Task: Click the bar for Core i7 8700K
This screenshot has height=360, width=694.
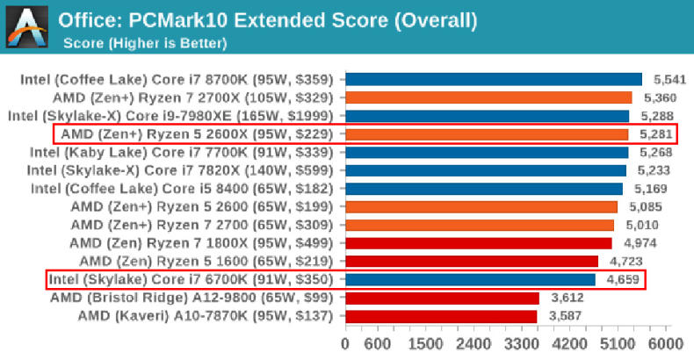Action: point(494,79)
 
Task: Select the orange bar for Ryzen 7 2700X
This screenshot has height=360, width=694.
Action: point(488,97)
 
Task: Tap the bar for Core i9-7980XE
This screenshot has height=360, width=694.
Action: point(487,116)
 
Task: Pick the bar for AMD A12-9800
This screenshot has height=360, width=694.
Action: point(442,298)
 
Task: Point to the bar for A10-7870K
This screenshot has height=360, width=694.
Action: point(441,316)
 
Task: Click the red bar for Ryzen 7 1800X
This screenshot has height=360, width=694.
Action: point(479,243)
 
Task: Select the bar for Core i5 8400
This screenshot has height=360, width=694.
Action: point(484,189)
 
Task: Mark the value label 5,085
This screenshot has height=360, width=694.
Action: point(647,207)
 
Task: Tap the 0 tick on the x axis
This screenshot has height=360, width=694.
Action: point(346,342)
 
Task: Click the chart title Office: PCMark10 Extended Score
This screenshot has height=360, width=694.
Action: point(268,19)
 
